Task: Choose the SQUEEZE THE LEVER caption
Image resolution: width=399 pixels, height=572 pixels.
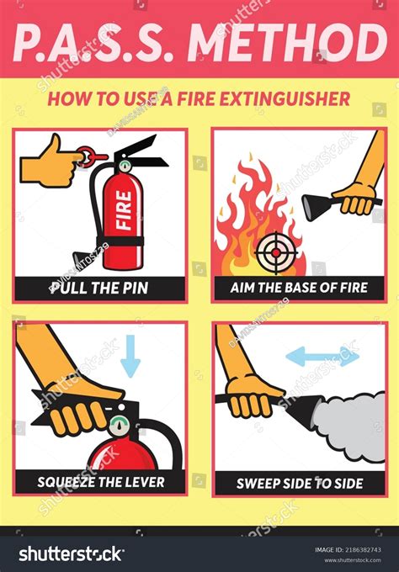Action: point(99,482)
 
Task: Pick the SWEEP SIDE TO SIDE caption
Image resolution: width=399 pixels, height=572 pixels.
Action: point(300,482)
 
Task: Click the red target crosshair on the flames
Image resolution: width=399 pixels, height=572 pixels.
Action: point(272,249)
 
